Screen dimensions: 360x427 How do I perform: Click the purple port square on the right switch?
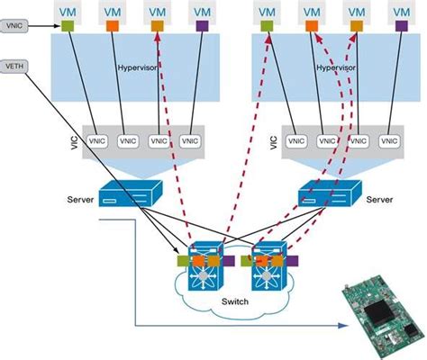pyautogui.click(x=294, y=262)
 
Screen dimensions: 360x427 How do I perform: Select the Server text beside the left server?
pyautogui.click(x=80, y=198)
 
